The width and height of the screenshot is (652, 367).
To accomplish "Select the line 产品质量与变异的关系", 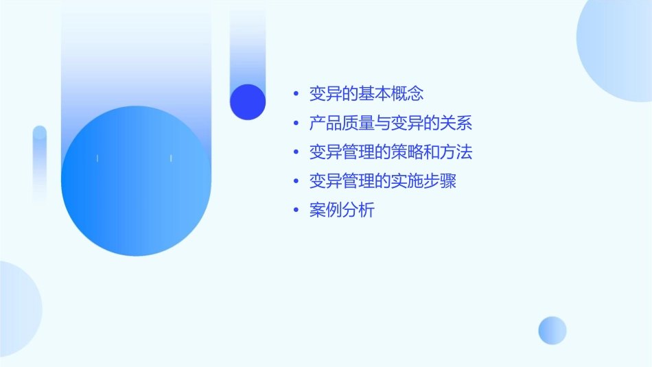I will pyautogui.click(x=391, y=123).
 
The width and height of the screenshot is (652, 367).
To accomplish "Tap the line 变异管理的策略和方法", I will pyautogui.click(x=391, y=152).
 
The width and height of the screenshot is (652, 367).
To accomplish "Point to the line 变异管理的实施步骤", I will pyautogui.click(x=382, y=182).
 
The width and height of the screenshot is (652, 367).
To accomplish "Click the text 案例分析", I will pyautogui.click(x=342, y=211).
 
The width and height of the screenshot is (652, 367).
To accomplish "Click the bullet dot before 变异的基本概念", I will pyautogui.click(x=296, y=94).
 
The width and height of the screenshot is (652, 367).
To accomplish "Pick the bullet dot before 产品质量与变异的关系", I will pyautogui.click(x=296, y=124).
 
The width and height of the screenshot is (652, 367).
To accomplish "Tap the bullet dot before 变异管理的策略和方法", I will pyautogui.click(x=296, y=153).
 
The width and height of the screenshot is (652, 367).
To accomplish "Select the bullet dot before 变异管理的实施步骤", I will pyautogui.click(x=296, y=182).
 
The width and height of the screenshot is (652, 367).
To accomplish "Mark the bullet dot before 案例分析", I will pyautogui.click(x=296, y=211).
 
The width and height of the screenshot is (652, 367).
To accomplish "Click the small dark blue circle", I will pyautogui.click(x=248, y=102).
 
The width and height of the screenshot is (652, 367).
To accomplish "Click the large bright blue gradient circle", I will pyautogui.click(x=136, y=181).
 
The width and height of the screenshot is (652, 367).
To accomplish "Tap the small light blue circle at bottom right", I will pyautogui.click(x=552, y=330).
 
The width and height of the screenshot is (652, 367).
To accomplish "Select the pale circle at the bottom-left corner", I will pyautogui.click(x=17, y=309).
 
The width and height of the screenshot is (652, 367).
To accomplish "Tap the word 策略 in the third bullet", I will pyautogui.click(x=407, y=152).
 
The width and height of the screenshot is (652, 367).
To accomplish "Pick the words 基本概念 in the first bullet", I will pyautogui.click(x=399, y=93).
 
